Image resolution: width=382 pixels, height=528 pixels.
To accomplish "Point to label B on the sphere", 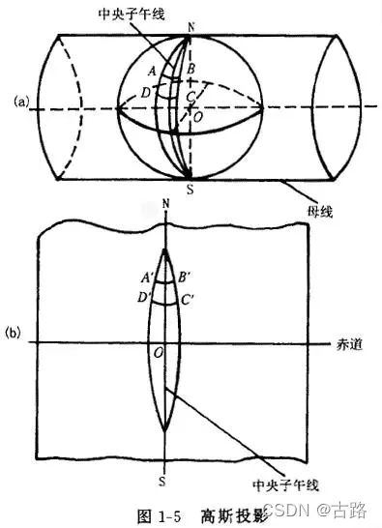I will tap(191, 69).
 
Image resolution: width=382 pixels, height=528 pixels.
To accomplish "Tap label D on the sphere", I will tap(145, 92).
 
